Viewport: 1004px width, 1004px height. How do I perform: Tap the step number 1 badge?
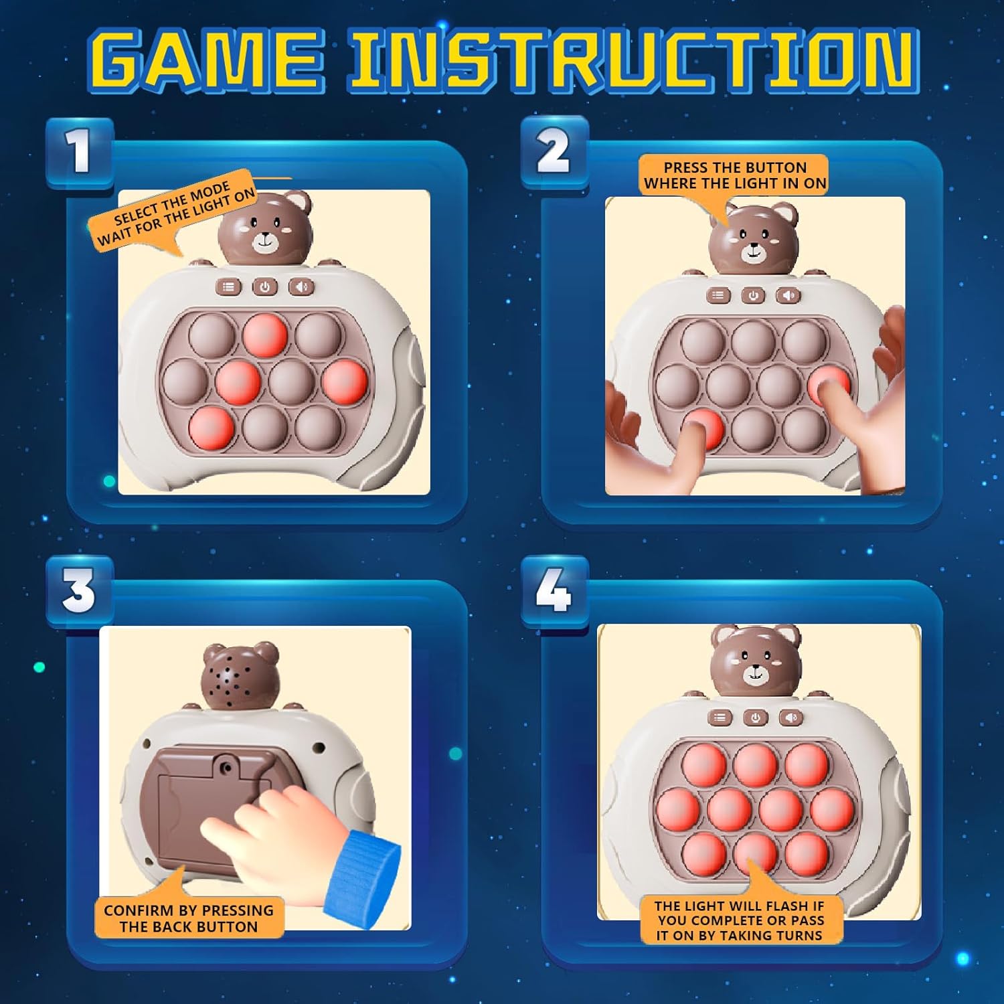click(x=80, y=151)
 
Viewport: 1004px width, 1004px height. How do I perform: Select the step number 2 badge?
click(x=554, y=151)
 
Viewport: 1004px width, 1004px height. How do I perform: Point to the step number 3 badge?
click(x=80, y=591)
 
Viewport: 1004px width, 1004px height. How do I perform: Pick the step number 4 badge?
click(x=554, y=591)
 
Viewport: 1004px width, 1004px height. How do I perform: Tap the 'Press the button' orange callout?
click(x=734, y=175)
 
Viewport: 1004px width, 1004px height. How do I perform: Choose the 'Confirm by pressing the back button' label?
click(x=189, y=918)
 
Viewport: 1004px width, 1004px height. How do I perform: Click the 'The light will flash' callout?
click(x=740, y=920)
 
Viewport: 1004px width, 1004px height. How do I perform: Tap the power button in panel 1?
click(x=265, y=287)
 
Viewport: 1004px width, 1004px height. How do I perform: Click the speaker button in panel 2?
click(x=788, y=295)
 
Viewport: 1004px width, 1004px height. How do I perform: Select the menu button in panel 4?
click(x=720, y=718)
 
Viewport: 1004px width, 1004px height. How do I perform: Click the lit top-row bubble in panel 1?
click(x=265, y=335)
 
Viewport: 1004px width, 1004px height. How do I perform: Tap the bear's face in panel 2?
click(x=754, y=241)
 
